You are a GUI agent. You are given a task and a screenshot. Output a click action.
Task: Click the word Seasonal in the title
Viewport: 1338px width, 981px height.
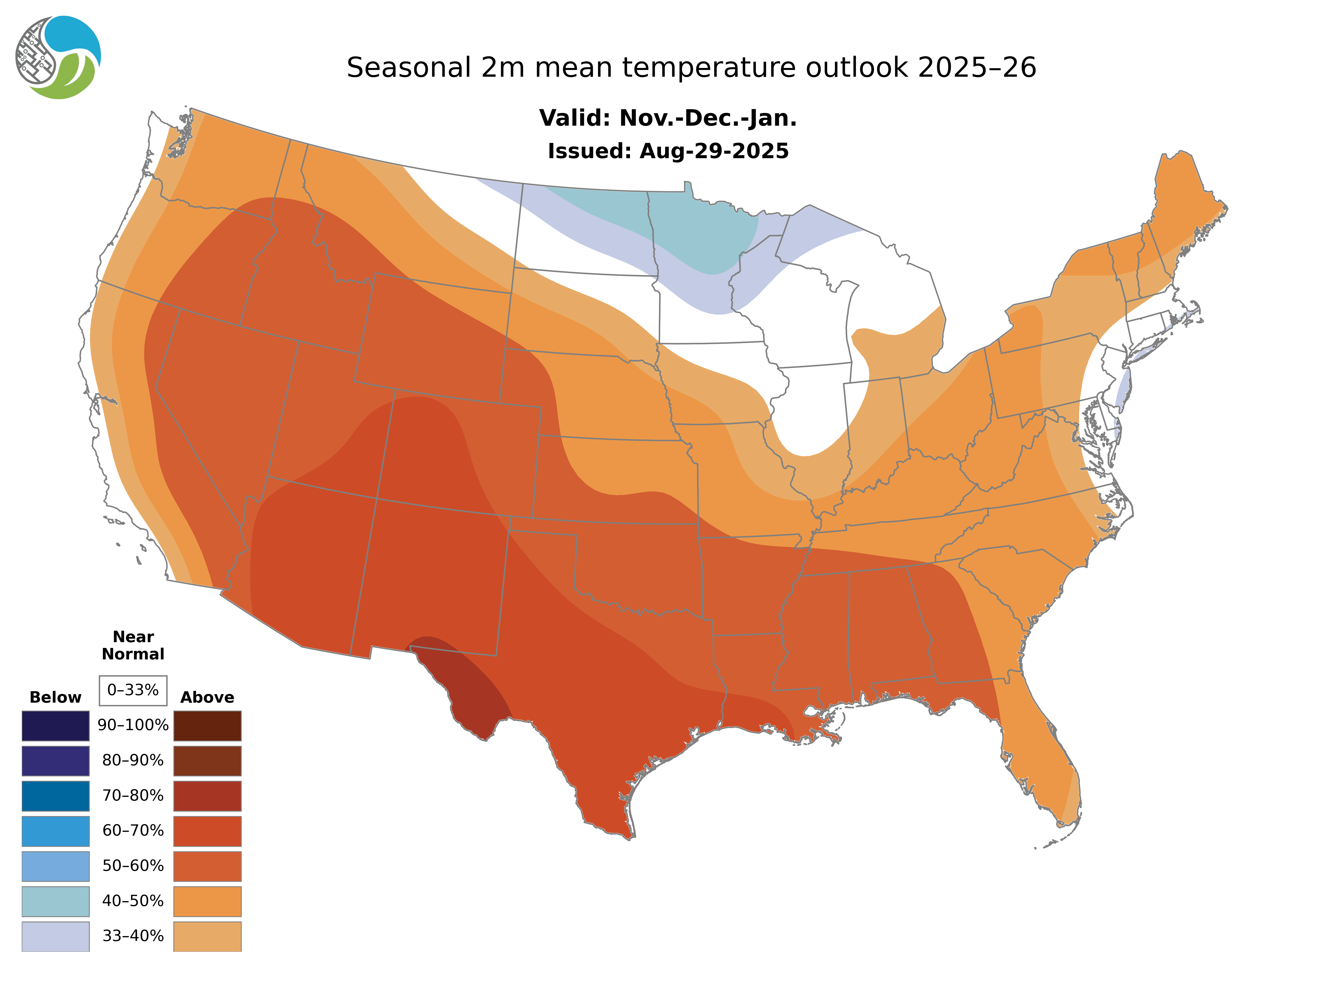pyautogui.click(x=409, y=68)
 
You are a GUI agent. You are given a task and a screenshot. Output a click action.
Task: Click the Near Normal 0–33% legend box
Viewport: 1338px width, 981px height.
pyautogui.click(x=133, y=690)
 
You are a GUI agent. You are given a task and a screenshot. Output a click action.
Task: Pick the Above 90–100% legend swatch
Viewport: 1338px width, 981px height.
pyautogui.click(x=207, y=726)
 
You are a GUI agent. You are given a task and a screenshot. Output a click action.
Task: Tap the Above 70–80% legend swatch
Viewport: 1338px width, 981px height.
pyautogui.click(x=207, y=796)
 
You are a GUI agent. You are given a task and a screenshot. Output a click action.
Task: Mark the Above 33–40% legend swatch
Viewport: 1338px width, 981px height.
pyautogui.click(x=207, y=936)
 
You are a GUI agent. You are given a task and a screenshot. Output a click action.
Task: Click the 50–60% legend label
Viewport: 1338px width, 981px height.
pyautogui.click(x=133, y=866)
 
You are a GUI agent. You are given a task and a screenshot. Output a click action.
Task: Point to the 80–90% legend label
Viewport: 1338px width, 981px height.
pyautogui.click(x=133, y=761)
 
